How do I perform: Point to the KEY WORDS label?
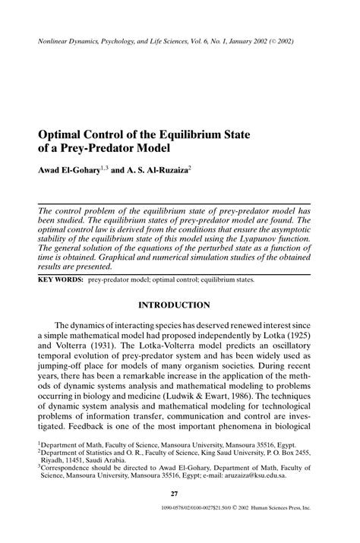60,279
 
